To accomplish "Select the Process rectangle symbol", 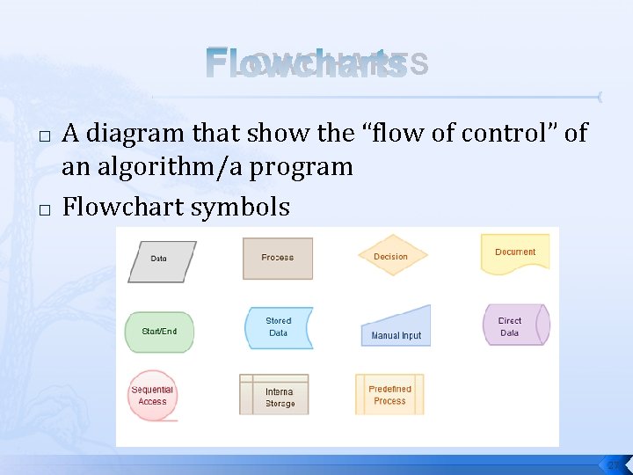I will click(278, 258).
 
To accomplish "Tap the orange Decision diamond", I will click(392, 257).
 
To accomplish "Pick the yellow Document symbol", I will click(515, 253).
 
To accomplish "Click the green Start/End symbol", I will click(159, 332).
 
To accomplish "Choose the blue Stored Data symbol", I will click(278, 327).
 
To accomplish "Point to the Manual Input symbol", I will click(397, 328).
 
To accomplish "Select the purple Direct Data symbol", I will click(515, 325).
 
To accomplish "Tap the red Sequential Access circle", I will click(152, 396).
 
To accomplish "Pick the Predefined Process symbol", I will click(389, 394).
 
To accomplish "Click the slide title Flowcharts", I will click(306, 65).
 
